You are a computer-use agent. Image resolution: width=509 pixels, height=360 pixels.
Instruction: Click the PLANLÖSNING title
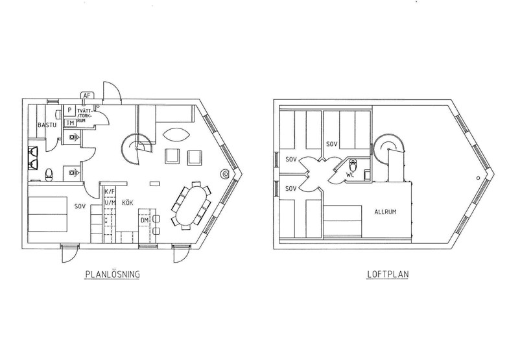(112, 274)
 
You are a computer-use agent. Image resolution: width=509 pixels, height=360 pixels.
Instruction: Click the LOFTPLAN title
(388, 274)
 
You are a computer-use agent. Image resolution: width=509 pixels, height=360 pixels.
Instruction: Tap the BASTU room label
(47, 125)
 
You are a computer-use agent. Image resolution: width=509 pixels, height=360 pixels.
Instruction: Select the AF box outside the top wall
(87, 95)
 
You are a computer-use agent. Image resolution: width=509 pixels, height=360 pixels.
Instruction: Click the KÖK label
(128, 203)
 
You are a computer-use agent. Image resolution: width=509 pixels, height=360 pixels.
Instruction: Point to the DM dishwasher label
(145, 221)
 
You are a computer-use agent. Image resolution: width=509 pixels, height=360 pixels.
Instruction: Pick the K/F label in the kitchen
(110, 191)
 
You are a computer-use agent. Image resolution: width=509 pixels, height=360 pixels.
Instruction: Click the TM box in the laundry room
(70, 123)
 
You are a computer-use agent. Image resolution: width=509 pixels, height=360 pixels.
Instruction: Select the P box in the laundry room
(69, 110)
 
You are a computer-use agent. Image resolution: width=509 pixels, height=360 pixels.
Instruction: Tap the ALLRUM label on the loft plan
(385, 212)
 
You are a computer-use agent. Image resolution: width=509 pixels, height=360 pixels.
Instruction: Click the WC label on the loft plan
(350, 174)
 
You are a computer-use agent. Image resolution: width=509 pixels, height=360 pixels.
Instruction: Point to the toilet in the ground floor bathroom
(49, 174)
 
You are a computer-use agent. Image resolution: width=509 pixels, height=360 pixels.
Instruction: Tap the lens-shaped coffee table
(175, 134)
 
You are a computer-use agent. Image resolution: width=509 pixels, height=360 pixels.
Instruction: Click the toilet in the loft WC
(353, 165)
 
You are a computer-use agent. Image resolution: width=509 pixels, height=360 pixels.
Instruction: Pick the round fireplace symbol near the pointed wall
(224, 174)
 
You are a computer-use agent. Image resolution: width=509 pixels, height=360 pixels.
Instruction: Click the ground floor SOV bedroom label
(80, 206)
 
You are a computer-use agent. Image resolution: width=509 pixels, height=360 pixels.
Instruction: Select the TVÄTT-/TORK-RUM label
(85, 115)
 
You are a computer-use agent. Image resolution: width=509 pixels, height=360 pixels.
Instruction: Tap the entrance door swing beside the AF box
(112, 90)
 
